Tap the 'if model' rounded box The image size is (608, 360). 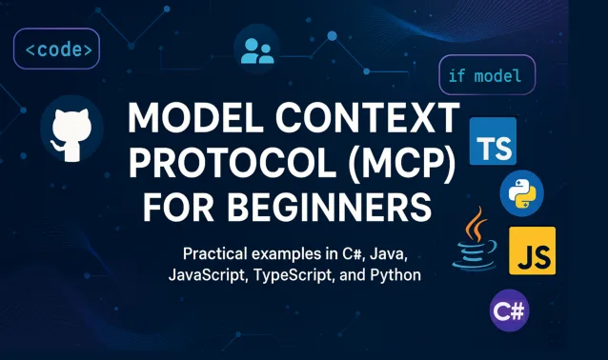pos(486,74)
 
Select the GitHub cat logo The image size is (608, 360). pos(71,128)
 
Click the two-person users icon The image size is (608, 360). pos(257,50)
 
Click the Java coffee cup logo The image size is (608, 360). pos(473,242)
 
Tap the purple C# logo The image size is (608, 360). pos(509,310)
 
